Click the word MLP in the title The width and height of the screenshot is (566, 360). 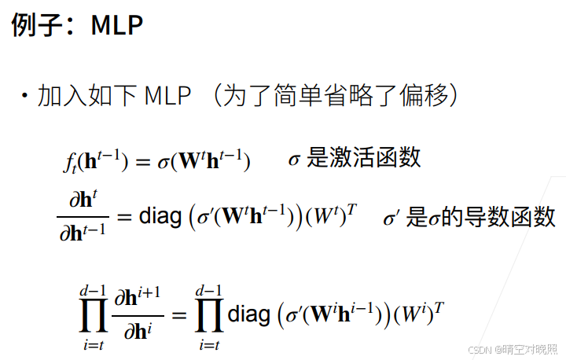click(117, 25)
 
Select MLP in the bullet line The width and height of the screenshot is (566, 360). click(168, 97)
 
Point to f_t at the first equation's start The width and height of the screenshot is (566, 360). click(69, 162)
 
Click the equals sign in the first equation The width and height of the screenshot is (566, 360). click(142, 162)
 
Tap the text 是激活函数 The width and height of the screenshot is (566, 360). click(364, 158)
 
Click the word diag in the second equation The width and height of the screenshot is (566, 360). click(160, 216)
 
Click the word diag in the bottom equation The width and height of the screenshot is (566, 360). click(248, 314)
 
